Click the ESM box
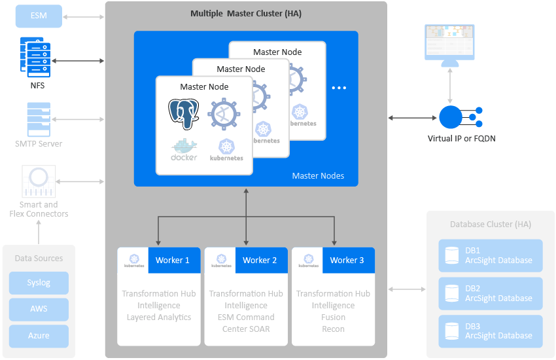pyautogui.click(x=39, y=16)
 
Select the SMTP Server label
pyautogui.click(x=39, y=143)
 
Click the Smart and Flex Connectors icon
pyautogui.click(x=39, y=180)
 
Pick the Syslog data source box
pyautogui.click(x=39, y=283)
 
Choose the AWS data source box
pyautogui.click(x=39, y=309)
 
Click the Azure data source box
pyautogui.click(x=39, y=336)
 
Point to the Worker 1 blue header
pyautogui.click(x=173, y=260)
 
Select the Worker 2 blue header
pyautogui.click(x=260, y=260)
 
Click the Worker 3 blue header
pyautogui.click(x=347, y=260)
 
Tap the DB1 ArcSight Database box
pyautogui.click(x=491, y=255)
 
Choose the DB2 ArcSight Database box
pyautogui.click(x=491, y=293)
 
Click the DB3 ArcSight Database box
pyautogui.click(x=491, y=331)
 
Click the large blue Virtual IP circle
pyautogui.click(x=451, y=117)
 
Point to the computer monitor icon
pyautogui.click(x=449, y=45)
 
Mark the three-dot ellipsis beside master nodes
pyautogui.click(x=339, y=88)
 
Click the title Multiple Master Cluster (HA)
pyautogui.click(x=246, y=13)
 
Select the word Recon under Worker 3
pyautogui.click(x=333, y=329)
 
